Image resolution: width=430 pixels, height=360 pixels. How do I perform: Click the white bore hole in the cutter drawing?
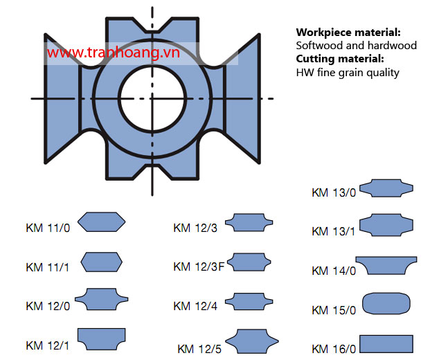pyautogui.click(x=152, y=98)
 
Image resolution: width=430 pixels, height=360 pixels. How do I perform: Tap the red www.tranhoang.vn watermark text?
pyautogui.click(x=114, y=52)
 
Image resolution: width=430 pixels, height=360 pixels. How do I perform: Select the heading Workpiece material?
pyautogui.click(x=348, y=33)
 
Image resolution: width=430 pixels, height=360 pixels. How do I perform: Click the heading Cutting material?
pyautogui.click(x=340, y=59)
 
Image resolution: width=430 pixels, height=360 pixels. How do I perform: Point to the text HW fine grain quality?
pyautogui.click(x=348, y=73)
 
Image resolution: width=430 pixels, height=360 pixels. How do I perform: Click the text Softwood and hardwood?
pyautogui.click(x=356, y=46)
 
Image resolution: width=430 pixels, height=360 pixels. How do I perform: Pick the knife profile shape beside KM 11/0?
pyautogui.click(x=102, y=222)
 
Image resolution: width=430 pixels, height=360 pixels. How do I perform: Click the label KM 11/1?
pyautogui.click(x=48, y=267)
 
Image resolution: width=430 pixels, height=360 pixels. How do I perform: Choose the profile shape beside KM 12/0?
pyautogui.click(x=102, y=299)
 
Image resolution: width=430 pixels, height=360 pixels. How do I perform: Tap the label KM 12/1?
pyautogui.click(x=48, y=345)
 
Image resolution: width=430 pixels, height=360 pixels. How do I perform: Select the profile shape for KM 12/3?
pyautogui.click(x=249, y=222)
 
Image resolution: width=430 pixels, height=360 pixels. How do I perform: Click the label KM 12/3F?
pyautogui.click(x=199, y=267)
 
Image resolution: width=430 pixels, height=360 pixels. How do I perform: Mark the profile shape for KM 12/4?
pyautogui.click(x=249, y=301)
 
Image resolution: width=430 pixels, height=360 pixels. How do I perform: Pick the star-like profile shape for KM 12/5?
pyautogui.click(x=252, y=341)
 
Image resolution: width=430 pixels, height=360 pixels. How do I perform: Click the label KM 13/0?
pyautogui.click(x=334, y=192)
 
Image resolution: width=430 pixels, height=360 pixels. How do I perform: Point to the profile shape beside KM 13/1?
pyautogui.click(x=386, y=225)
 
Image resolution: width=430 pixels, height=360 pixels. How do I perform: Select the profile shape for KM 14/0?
pyautogui.click(x=386, y=266)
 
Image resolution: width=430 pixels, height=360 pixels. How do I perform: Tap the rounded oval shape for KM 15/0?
pyautogui.click(x=386, y=303)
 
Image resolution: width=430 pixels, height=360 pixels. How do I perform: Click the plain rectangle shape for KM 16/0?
pyautogui.click(x=386, y=344)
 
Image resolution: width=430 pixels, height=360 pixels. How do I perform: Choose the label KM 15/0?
pyautogui.click(x=334, y=310)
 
